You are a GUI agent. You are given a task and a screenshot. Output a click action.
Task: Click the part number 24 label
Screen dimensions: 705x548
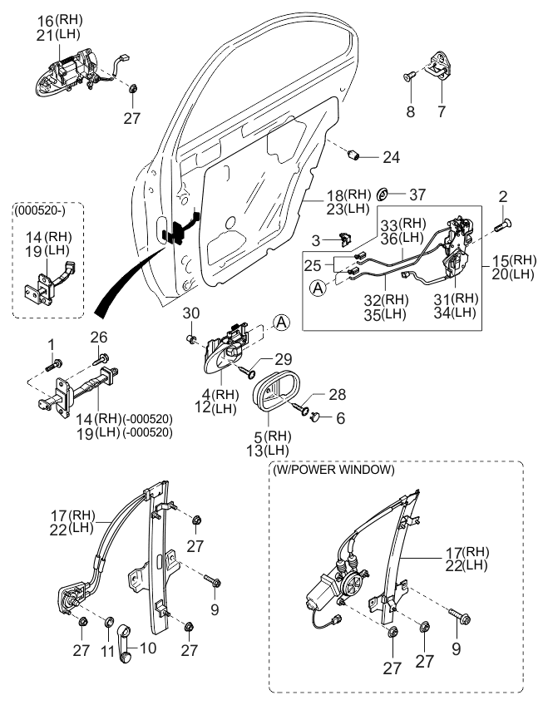pyautogui.click(x=391, y=155)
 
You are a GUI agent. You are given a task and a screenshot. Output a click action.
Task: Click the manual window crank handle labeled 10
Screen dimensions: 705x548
pyautogui.click(x=127, y=642)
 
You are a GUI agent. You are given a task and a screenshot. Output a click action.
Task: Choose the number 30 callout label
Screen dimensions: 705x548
pyautogui.click(x=190, y=313)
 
